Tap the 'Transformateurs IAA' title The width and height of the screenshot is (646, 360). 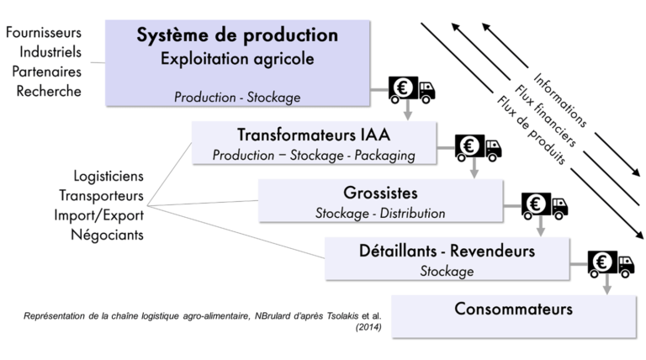314,135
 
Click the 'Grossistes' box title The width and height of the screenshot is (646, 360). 380,192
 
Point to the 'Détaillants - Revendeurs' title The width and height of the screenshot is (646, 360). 447,250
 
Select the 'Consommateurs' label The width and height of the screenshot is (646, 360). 513,309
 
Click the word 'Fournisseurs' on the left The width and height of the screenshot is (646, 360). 43,33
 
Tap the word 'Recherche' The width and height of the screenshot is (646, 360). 50,91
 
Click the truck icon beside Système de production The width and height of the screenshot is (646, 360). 411,90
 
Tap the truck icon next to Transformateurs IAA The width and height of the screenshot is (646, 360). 478,147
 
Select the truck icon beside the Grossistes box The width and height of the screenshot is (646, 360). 544,204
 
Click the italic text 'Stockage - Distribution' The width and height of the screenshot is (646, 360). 380,214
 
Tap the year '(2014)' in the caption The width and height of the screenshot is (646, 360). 368,328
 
